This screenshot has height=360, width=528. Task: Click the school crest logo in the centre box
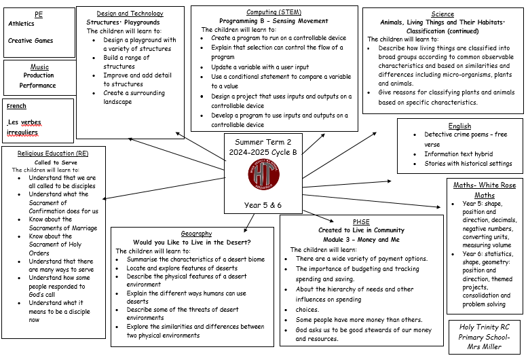point(263,173)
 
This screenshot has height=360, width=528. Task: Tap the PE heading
point(38,14)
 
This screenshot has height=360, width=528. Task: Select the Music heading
point(39,67)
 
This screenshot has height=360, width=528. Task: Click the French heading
point(16,107)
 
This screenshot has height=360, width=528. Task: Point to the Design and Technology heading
point(130,14)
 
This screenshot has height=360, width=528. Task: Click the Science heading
point(442,14)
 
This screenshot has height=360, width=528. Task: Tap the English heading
point(459,126)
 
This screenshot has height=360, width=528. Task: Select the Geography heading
point(196,234)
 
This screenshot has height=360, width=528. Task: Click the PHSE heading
point(361,221)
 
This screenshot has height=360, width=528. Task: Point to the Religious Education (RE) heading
point(53,154)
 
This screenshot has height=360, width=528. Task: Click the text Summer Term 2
point(263,141)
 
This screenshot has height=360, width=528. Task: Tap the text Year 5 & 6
point(263,204)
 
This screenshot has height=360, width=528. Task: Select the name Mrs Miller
point(485,346)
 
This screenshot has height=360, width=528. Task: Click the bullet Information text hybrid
point(458,154)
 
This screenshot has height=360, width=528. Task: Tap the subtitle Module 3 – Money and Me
point(361,240)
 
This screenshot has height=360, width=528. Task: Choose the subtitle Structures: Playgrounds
point(123,22)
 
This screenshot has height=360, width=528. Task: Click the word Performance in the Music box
point(37,86)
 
